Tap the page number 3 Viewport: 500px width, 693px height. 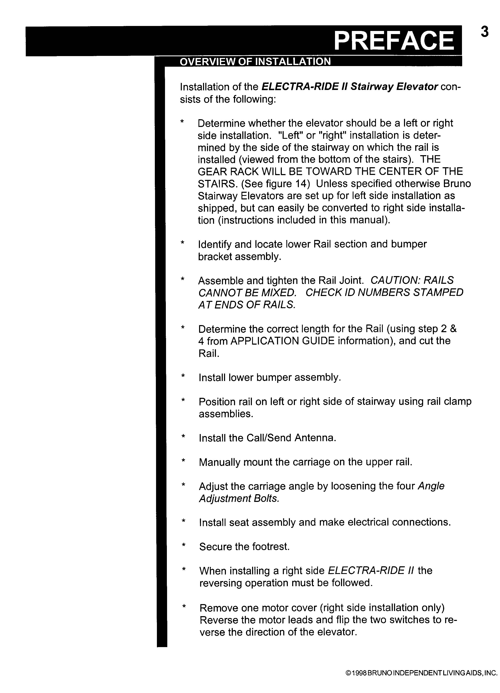pos(484,32)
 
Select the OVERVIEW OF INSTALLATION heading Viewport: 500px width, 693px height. pos(255,62)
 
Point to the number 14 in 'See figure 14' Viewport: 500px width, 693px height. pos(303,184)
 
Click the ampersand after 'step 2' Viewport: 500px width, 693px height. pos(453,329)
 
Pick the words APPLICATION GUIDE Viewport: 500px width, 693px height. pos(283,341)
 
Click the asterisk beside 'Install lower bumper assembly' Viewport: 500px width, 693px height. pos(183,376)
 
